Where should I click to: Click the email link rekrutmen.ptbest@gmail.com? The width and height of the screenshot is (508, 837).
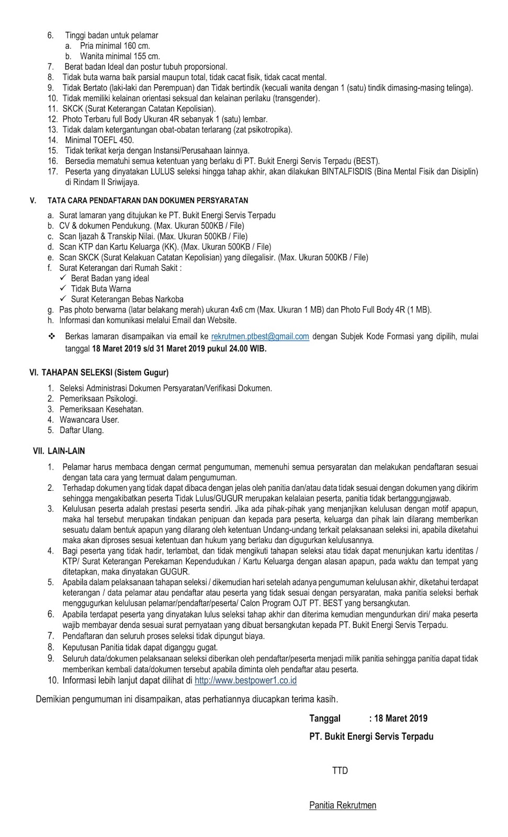[x=260, y=337]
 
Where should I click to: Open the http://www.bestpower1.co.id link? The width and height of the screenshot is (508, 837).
[x=245, y=681]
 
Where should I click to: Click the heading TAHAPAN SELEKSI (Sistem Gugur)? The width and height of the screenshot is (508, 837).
[x=99, y=372]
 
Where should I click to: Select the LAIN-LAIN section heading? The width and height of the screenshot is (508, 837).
[x=59, y=451]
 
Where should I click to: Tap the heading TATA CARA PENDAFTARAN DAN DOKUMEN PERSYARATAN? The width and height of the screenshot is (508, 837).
[x=148, y=200]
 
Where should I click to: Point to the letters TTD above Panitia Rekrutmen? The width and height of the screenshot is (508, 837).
[x=340, y=771]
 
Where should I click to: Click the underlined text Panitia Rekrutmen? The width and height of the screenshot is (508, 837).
[x=343, y=805]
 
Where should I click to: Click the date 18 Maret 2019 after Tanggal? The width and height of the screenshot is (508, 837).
[x=401, y=719]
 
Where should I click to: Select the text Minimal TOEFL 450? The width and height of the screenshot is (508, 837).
[x=99, y=140]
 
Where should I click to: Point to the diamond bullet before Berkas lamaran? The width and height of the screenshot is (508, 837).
[x=51, y=336]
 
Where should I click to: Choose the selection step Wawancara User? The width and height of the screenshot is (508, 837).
[x=89, y=420]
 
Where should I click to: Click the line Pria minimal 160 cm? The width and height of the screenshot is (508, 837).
[x=115, y=46]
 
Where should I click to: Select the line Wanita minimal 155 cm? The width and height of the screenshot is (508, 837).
[x=120, y=56]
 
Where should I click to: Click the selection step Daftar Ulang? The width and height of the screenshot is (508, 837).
[x=82, y=430]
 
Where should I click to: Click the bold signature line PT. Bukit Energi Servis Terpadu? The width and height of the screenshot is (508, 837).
[x=371, y=737]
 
